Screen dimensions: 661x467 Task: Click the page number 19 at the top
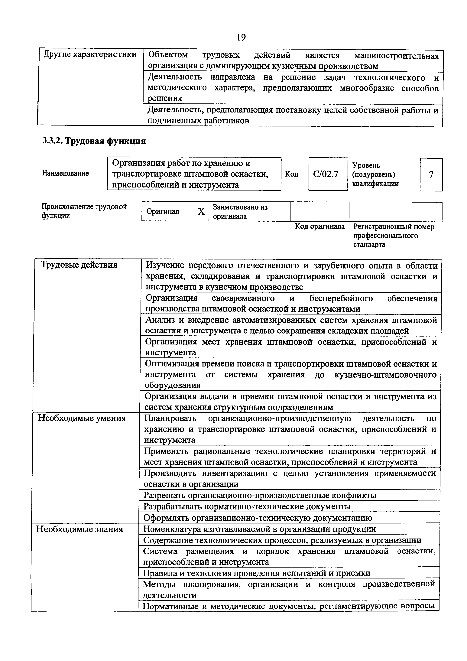coord(241,37)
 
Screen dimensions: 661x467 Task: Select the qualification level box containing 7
coord(431,174)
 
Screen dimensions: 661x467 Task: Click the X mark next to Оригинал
coord(201,212)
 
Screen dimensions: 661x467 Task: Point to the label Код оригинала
coord(320,226)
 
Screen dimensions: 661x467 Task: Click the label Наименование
coord(65,173)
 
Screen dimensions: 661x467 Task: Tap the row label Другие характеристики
coord(90,54)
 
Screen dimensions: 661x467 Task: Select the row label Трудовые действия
coord(79,265)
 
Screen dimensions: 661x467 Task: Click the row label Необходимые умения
coord(82,418)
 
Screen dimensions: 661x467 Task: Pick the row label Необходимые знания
coord(79,529)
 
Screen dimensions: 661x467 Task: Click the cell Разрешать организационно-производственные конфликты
coord(260,495)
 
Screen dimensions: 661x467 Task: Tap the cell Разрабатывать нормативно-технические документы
coord(247,506)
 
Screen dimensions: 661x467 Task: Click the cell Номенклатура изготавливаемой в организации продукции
coord(259,529)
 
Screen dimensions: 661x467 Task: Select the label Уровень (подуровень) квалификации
coord(375,174)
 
